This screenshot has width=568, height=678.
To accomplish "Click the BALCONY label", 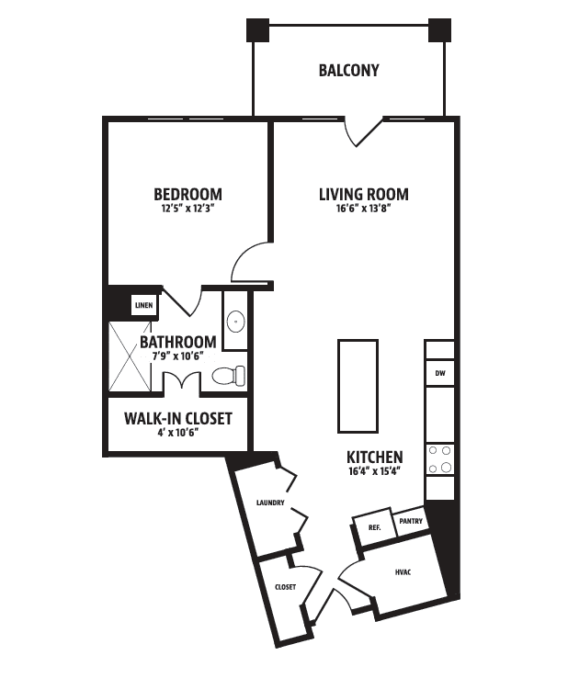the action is click(x=348, y=71).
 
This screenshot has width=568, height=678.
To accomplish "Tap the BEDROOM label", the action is click(x=188, y=194).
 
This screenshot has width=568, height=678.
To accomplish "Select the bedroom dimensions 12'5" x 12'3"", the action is click(x=188, y=209).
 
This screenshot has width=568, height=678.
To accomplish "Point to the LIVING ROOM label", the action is click(x=364, y=194).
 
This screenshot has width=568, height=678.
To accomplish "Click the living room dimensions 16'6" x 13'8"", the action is click(x=364, y=209).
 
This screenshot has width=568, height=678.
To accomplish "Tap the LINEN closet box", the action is click(x=144, y=305).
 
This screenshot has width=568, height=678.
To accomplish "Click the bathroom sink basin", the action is click(x=236, y=322).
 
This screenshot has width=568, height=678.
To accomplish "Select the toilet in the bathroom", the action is click(x=229, y=375).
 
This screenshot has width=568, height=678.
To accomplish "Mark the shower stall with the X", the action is click(x=130, y=356).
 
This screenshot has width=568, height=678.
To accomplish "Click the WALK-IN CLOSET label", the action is click(x=178, y=419).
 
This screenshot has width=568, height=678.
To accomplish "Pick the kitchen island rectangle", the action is click(x=358, y=386).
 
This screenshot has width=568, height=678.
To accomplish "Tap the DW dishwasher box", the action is click(x=440, y=373).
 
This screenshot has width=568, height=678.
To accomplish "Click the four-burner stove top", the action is click(x=440, y=459).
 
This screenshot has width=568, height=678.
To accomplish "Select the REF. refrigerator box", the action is click(x=375, y=527).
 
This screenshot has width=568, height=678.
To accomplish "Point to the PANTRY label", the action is click(x=411, y=521).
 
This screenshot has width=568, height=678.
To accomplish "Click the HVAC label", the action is click(x=403, y=572).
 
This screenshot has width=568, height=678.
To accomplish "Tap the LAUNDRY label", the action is click(x=270, y=503).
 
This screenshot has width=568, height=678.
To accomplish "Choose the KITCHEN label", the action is click(x=375, y=457).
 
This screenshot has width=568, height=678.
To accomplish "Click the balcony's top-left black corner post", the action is click(x=258, y=30).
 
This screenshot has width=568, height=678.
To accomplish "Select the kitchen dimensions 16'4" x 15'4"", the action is click(x=375, y=471).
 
